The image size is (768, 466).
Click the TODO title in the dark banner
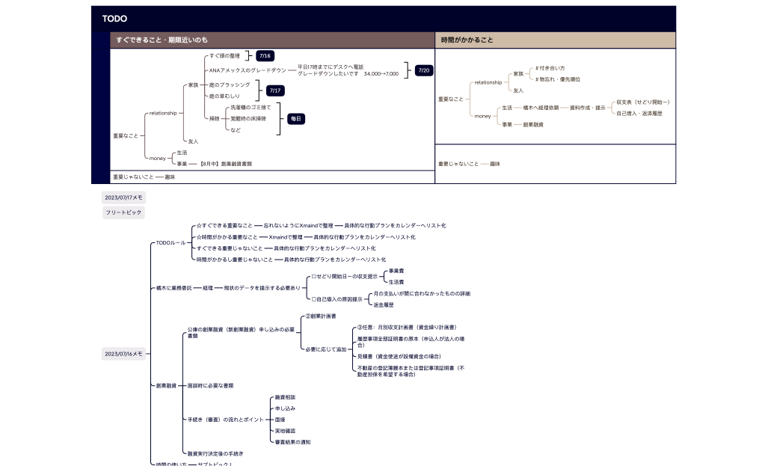coord(114,19)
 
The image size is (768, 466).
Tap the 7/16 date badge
coord(264,56)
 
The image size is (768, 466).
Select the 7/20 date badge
coord(424,70)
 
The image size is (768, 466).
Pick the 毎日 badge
coord(295,119)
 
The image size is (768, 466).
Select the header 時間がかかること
coord(467,40)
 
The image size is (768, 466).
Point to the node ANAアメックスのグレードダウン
coord(248,70)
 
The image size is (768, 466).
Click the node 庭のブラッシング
coord(230,85)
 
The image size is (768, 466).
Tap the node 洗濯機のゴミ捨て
coord(251,108)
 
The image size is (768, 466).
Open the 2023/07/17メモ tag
coord(123,197)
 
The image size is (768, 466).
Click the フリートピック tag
coord(123,212)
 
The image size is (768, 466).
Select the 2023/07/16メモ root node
coord(123,354)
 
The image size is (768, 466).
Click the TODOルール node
coord(170,242)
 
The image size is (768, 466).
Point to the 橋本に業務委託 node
coord(173,287)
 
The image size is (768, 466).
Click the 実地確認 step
coord(285,431)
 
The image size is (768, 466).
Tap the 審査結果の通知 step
coord(292,442)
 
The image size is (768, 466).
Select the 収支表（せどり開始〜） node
coord(642,102)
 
